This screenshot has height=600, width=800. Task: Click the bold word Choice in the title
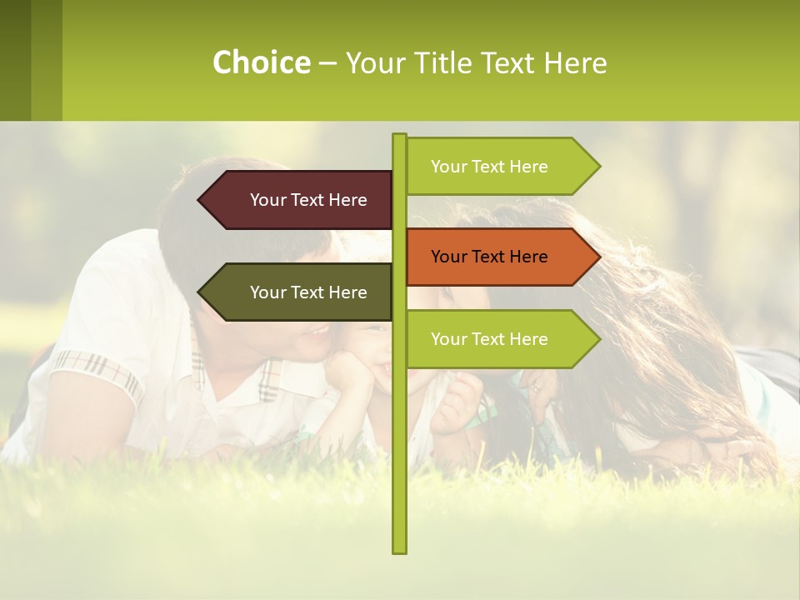coord(261,62)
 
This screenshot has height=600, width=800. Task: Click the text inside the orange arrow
coord(489,257)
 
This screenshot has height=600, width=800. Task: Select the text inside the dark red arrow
coord(308,200)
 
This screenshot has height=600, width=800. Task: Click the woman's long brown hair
coord(667,333)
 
